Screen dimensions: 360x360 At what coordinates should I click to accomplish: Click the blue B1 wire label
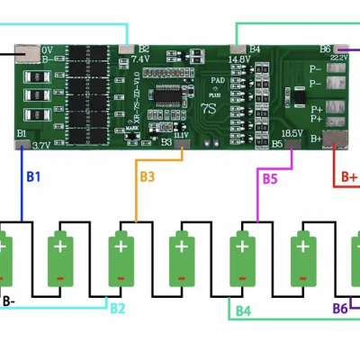pyautogui.click(x=33, y=176)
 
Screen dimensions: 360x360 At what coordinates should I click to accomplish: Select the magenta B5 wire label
pyautogui.click(x=269, y=178)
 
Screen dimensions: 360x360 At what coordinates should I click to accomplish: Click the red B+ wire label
pyautogui.click(x=349, y=178)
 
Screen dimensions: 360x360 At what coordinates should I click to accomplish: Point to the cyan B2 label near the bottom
pyautogui.click(x=118, y=309)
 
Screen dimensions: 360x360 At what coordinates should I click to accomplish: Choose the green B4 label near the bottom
pyautogui.click(x=243, y=311)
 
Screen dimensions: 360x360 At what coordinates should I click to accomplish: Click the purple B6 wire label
pyautogui.click(x=340, y=309)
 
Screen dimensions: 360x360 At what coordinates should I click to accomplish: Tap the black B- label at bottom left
pyautogui.click(x=8, y=301)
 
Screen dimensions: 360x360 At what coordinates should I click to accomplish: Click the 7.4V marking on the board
pyautogui.click(x=139, y=58)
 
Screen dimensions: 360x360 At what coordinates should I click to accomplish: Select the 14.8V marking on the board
pyautogui.click(x=239, y=59)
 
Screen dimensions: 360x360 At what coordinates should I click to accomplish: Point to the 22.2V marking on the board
pyautogui.click(x=339, y=56)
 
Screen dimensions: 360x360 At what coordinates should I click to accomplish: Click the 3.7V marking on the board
pyautogui.click(x=40, y=143)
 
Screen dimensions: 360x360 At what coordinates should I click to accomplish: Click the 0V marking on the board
pyautogui.click(x=47, y=50)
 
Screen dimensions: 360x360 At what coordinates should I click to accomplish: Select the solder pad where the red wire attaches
pyautogui.click(x=335, y=138)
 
